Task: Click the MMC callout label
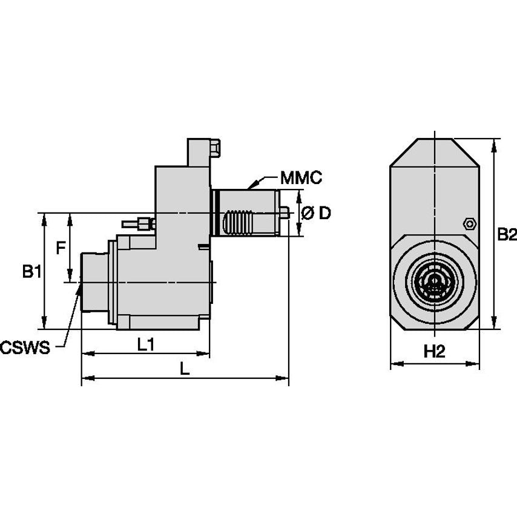coord(301,178)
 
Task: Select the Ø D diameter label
coord(316,213)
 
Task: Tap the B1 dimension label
coord(31,272)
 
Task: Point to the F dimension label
coord(60,247)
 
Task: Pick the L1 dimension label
coord(145,344)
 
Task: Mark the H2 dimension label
coord(433,352)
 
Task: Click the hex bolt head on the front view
coord(468,223)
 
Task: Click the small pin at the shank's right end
coord(285,212)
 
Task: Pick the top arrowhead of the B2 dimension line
coord(496,143)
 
